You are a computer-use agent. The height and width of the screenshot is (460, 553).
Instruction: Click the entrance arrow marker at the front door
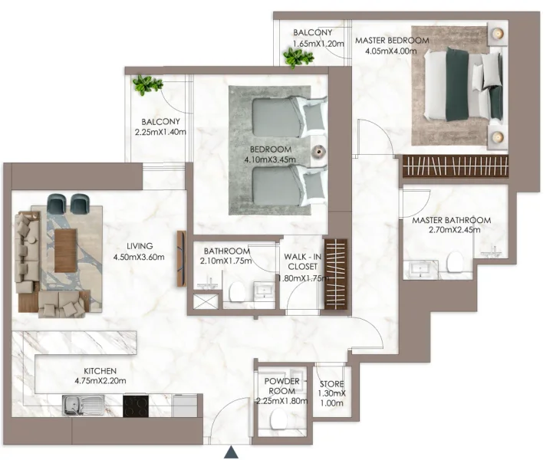(x=232, y=452)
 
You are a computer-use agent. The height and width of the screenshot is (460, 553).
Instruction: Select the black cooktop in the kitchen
(x=136, y=404)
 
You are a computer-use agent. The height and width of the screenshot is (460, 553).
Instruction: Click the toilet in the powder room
(x=279, y=417)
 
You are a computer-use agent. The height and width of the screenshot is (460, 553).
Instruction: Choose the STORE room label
(x=332, y=384)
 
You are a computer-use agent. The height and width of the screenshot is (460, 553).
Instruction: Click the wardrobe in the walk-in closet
(x=335, y=274)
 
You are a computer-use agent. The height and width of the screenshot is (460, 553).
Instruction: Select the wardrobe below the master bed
(x=454, y=166)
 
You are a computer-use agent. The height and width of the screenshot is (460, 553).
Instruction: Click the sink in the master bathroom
(x=421, y=266)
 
